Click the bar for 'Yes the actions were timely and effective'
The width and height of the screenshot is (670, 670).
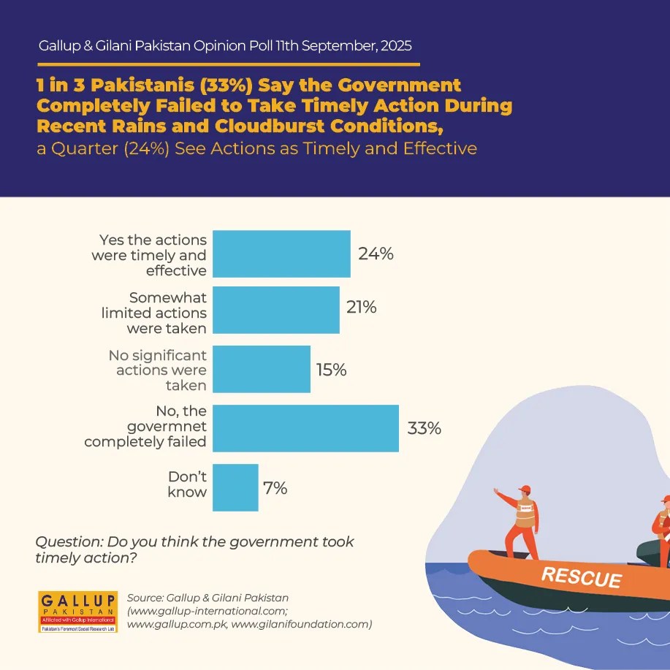pyautogui.click(x=281, y=254)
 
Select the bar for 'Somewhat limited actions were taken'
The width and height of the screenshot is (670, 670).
pyautogui.click(x=276, y=310)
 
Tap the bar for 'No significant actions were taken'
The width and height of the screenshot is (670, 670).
pyautogui.click(x=262, y=370)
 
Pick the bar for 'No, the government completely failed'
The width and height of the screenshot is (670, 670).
pyautogui.click(x=305, y=427)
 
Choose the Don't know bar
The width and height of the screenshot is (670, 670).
pyautogui.click(x=235, y=487)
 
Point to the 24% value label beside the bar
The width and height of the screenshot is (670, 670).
pyautogui.click(x=376, y=254)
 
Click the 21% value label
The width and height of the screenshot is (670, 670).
pyautogui.click(x=362, y=308)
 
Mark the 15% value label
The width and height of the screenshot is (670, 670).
pyautogui.click(x=331, y=370)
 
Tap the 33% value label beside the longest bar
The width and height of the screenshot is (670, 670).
pyautogui.click(x=424, y=428)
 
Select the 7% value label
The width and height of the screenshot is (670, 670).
pyautogui.click(x=275, y=488)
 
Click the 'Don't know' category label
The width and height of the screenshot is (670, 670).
pyautogui.click(x=187, y=484)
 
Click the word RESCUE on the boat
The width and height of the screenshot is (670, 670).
pyautogui.click(x=582, y=577)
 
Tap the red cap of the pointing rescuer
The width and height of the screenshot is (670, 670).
pyautogui.click(x=525, y=490)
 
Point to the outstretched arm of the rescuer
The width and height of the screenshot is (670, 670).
pyautogui.click(x=506, y=497)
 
